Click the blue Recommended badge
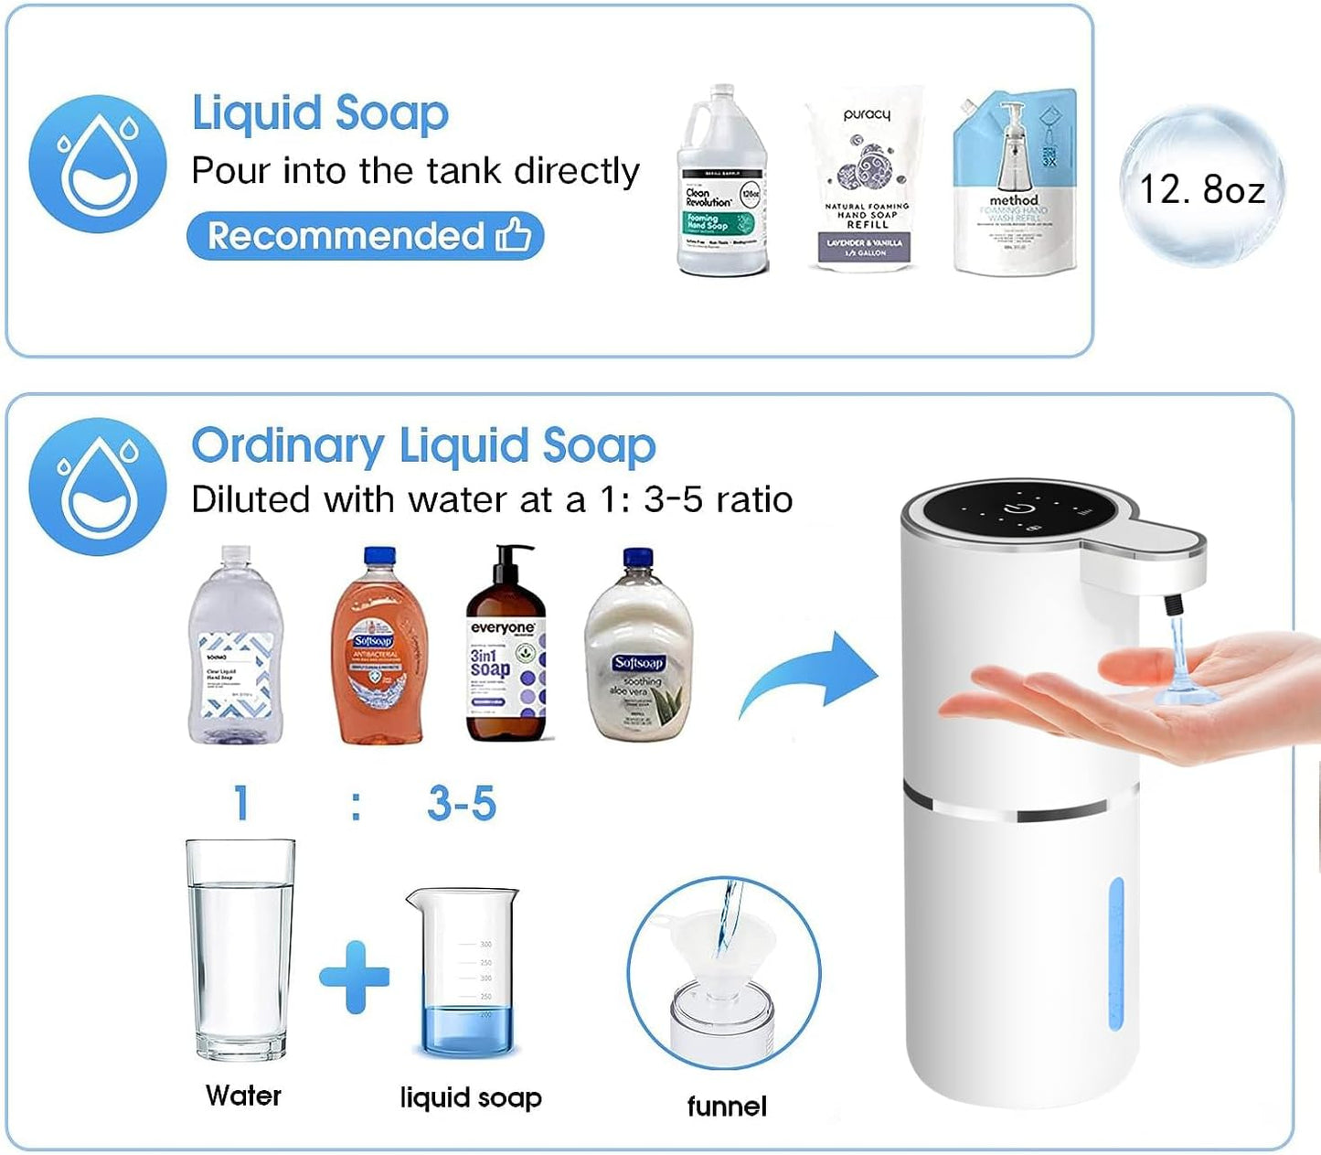coord(365,236)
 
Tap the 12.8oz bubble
coord(1202,187)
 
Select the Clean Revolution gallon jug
coord(721,183)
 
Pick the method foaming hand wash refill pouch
coord(1015,183)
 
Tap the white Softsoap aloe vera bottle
coord(638,649)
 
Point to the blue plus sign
coord(355,977)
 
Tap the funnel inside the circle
coord(727,951)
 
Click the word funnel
coord(727,1107)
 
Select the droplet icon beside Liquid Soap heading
coord(98,164)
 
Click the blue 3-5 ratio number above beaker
coord(462,804)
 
